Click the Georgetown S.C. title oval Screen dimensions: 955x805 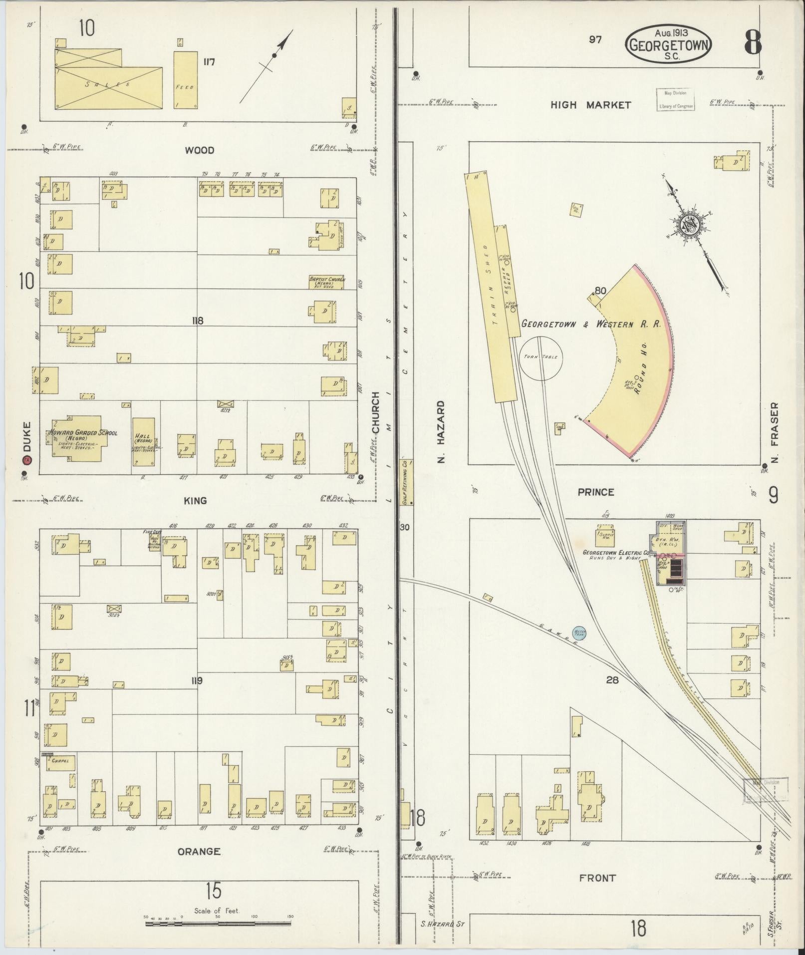(x=668, y=44)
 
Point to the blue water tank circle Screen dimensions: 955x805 (x=579, y=633)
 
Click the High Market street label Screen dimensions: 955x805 (x=591, y=105)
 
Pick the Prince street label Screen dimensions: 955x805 (x=596, y=492)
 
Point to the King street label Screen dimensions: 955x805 (x=195, y=501)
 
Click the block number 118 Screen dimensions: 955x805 (x=198, y=320)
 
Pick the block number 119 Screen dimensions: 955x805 (x=197, y=680)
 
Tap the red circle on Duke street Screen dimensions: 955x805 (x=27, y=460)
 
